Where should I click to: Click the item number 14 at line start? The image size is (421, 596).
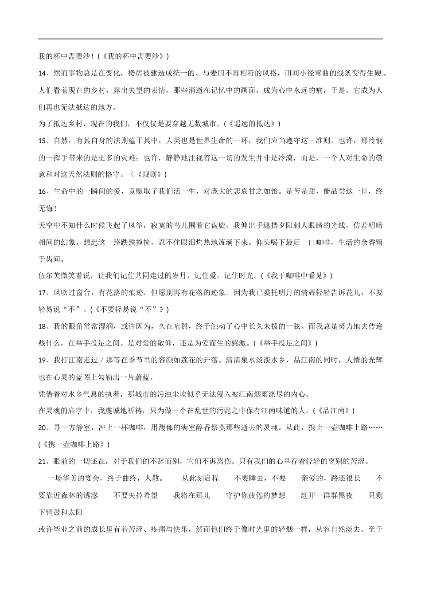coord(43,73)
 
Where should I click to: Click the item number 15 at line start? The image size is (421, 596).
coord(43,141)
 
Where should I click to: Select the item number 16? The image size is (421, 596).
coord(43,192)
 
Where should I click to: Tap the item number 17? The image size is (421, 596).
coord(43,293)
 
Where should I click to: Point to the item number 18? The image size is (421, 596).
coord(43,326)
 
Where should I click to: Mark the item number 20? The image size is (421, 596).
coord(43,427)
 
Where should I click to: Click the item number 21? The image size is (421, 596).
coord(43,462)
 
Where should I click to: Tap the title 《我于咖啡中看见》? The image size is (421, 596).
coord(296,275)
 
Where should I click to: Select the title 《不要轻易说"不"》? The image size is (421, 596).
coord(129,310)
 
